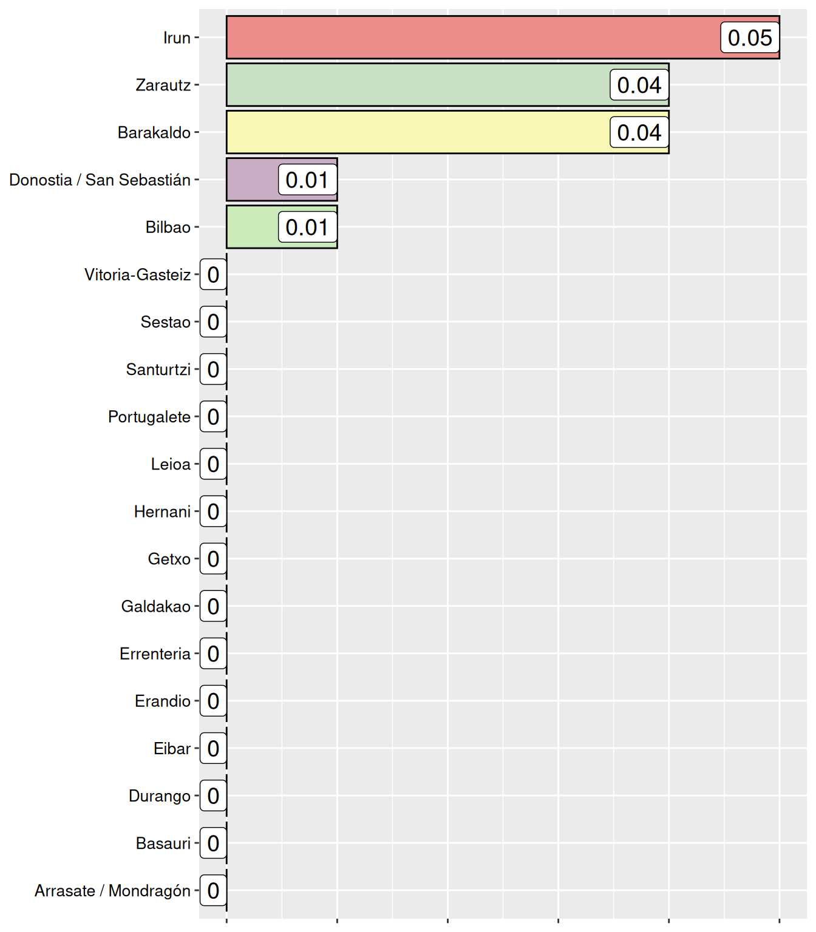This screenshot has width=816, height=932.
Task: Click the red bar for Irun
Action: pos(474,38)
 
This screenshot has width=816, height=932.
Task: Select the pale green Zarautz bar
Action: pos(419,85)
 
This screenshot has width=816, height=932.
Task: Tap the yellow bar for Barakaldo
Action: pos(419,132)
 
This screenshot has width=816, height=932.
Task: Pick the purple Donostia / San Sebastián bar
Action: pos(253,180)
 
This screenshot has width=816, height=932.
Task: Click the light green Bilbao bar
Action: pos(253,227)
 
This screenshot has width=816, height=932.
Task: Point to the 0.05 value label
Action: pos(750,38)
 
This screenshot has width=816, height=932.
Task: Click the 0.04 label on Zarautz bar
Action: pos(639,85)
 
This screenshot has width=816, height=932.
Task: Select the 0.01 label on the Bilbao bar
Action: pos(307,227)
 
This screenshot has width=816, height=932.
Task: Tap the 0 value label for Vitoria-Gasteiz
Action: pos(213,275)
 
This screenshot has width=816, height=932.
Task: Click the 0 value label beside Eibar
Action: pos(213,748)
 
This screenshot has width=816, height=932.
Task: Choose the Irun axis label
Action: pos(177,38)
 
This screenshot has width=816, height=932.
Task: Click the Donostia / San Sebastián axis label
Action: pos(100,180)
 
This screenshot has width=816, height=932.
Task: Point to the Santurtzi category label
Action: pos(158,370)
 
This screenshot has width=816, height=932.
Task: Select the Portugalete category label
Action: pos(149,417)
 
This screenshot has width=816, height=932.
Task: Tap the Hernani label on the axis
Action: pos(162,512)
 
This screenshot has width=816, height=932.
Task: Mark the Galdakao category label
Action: pos(156,606)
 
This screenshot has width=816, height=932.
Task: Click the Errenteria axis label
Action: pos(155,653)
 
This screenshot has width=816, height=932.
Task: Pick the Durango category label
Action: pos(160,795)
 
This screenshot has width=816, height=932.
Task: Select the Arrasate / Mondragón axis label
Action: pos(112,891)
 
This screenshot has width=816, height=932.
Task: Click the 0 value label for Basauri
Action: pos(213,843)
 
